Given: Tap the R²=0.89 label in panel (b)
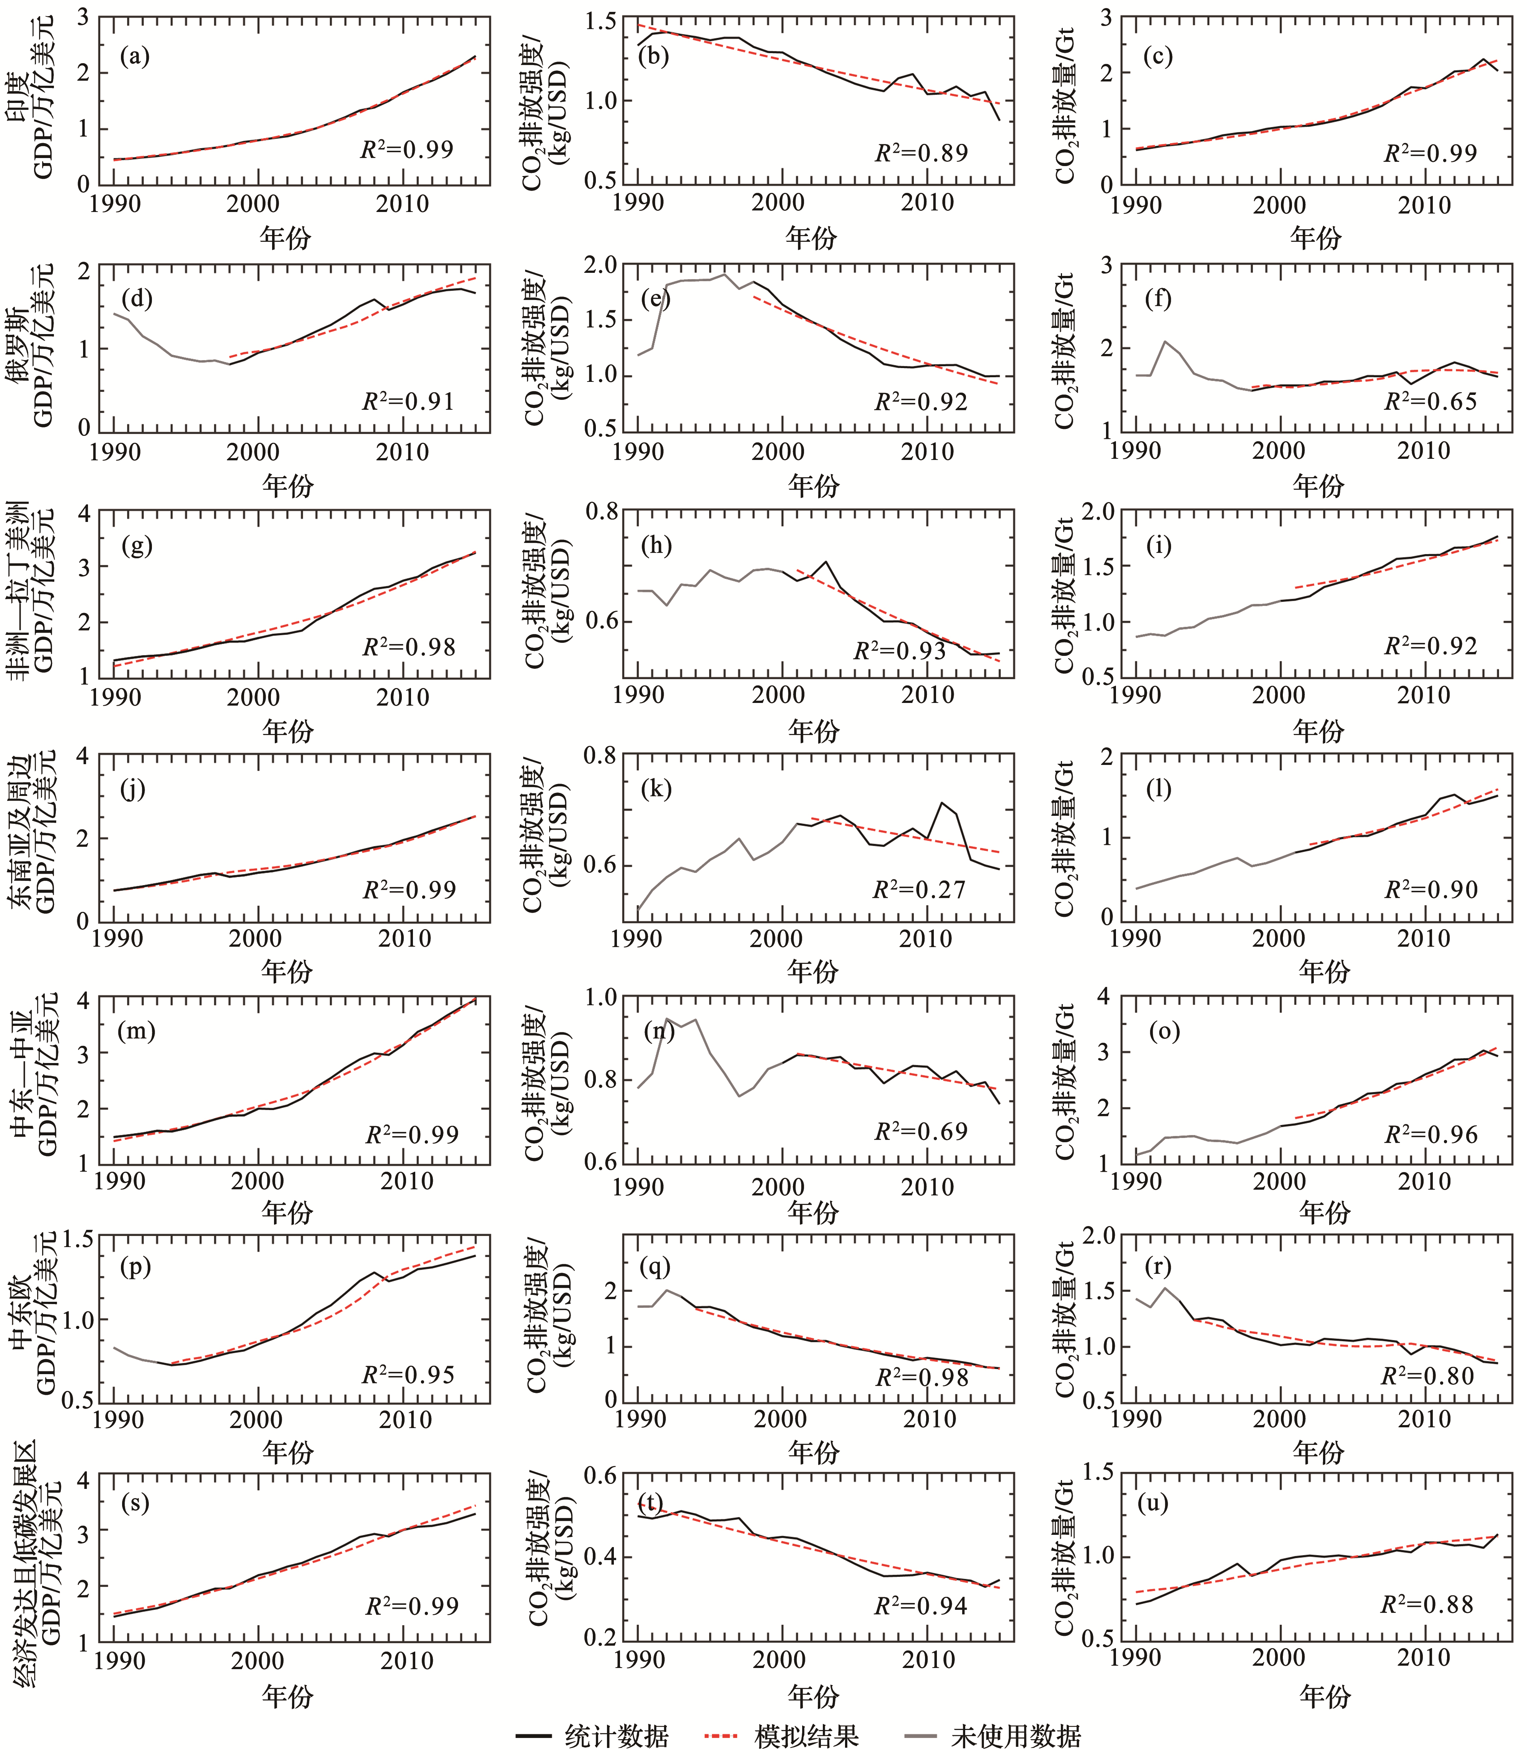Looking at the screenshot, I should pyautogui.click(x=921, y=153).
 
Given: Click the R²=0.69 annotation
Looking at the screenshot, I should pyautogui.click(x=921, y=1132).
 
